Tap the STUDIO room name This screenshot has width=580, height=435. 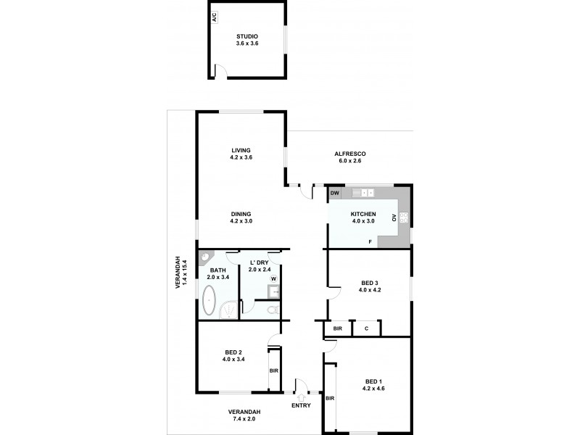click(247, 36)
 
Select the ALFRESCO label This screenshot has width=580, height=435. click(349, 154)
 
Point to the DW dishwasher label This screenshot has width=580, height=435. click(335, 194)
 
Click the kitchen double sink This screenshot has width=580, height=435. click(362, 194)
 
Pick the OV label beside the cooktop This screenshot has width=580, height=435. click(394, 217)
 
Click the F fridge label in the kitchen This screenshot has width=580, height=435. click(370, 241)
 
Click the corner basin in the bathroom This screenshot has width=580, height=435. click(206, 257)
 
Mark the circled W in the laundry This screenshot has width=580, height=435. click(273, 278)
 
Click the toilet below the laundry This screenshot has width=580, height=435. click(272, 310)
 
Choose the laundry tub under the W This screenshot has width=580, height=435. click(273, 292)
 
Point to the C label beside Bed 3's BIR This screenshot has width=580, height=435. click(366, 328)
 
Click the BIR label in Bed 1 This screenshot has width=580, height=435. click(330, 398)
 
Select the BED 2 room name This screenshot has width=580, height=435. click(234, 353)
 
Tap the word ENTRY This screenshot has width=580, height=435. click(301, 405)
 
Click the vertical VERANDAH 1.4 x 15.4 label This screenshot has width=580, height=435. click(180, 274)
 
